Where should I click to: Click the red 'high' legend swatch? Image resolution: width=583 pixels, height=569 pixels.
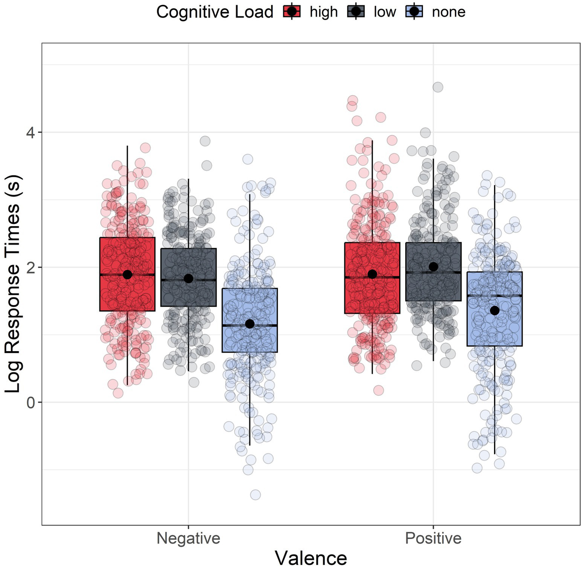(x=292, y=12)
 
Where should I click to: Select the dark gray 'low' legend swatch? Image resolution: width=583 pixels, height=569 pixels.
(x=356, y=12)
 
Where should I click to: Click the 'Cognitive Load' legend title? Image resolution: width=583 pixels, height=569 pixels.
(x=215, y=12)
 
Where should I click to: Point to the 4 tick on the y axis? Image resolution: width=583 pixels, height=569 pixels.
(x=31, y=132)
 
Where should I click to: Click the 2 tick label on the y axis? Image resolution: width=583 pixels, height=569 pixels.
(x=31, y=267)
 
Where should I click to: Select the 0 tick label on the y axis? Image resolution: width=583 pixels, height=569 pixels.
(x=31, y=402)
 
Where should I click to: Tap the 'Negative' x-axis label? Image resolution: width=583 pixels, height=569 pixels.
(x=188, y=538)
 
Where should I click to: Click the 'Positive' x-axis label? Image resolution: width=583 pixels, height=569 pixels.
(x=433, y=538)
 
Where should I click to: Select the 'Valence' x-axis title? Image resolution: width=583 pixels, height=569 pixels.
(x=311, y=558)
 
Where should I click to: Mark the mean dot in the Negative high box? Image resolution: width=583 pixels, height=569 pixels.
(x=127, y=274)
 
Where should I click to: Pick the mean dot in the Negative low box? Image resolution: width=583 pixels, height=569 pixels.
(x=188, y=279)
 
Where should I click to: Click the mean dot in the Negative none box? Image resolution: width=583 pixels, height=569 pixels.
(x=250, y=324)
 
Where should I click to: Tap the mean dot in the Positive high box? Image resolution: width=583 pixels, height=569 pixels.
(x=372, y=274)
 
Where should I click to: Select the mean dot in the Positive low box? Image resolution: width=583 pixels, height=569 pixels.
(x=433, y=267)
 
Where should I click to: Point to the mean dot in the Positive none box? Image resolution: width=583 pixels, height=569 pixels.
(x=495, y=311)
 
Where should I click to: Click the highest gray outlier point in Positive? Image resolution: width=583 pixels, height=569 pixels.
(x=438, y=87)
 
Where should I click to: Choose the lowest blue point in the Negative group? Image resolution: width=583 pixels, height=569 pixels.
(x=255, y=495)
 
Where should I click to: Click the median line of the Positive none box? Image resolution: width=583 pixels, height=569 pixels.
(x=495, y=295)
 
